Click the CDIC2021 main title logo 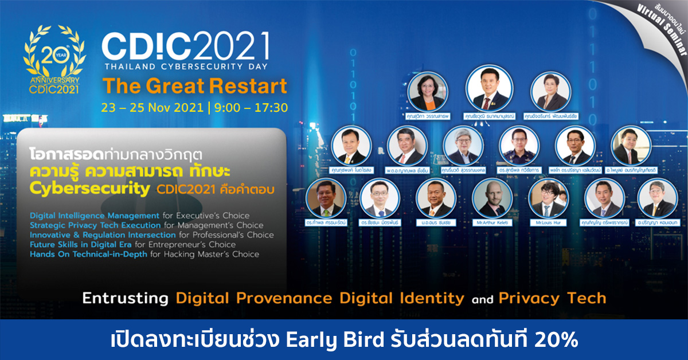click(185, 45)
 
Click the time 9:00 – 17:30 click(251, 107)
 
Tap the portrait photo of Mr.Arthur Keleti click(492, 198)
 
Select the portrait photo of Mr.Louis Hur click(548, 198)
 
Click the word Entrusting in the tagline click(125, 299)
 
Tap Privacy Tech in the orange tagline click(552, 299)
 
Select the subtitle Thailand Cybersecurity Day click(185, 65)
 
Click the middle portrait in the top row click(490, 90)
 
